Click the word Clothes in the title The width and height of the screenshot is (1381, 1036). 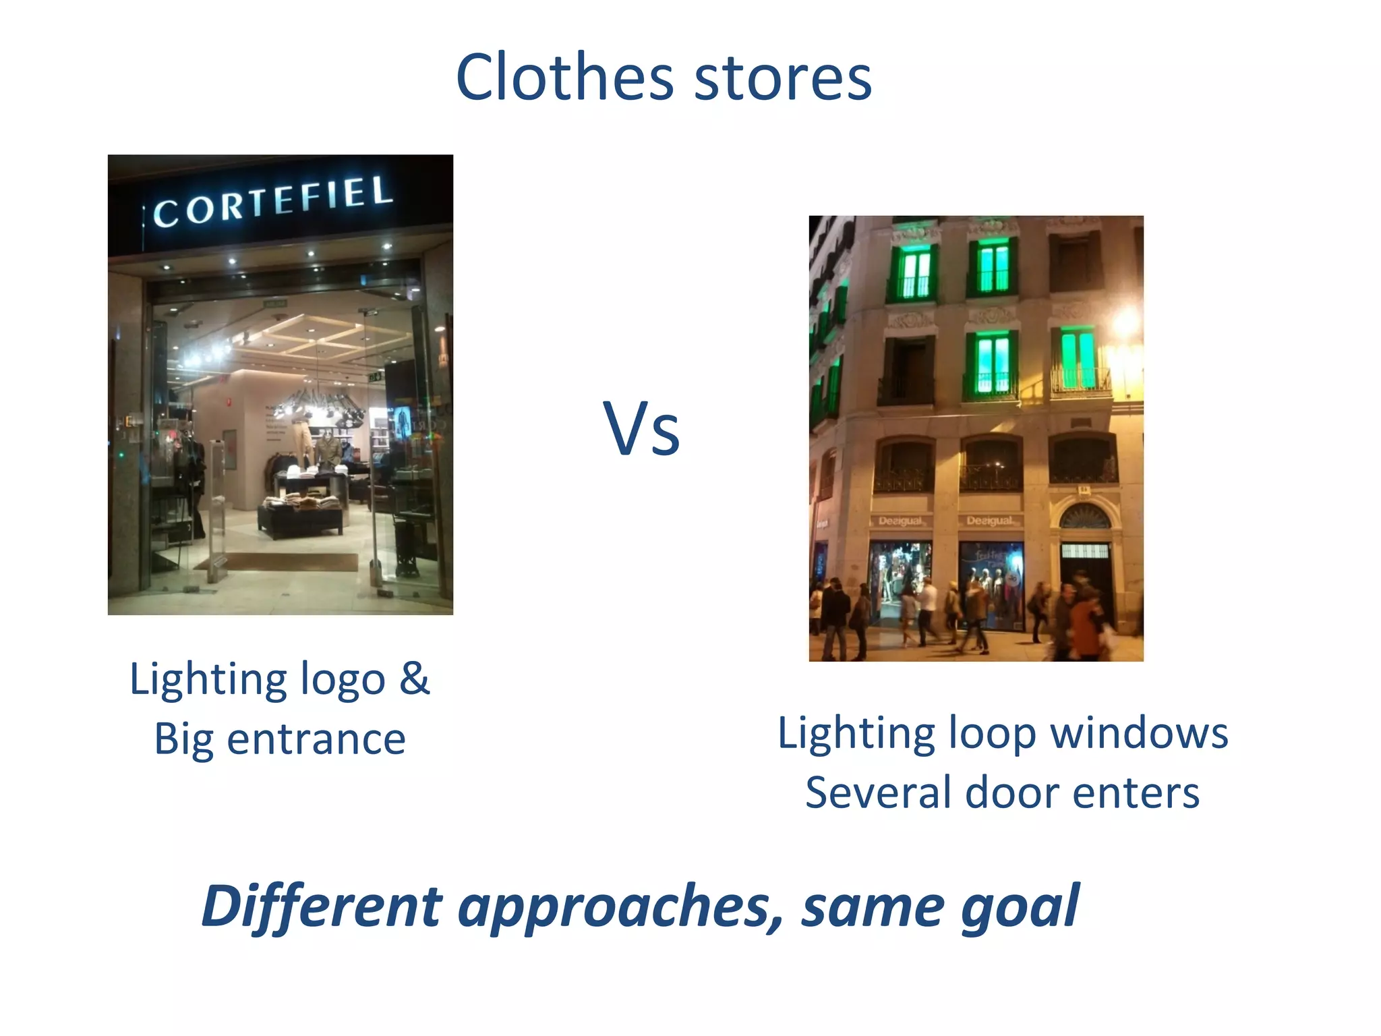[564, 78]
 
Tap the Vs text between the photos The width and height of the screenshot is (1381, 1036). [641, 429]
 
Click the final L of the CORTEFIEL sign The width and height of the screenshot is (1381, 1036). [382, 191]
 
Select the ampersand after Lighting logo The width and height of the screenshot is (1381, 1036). [413, 679]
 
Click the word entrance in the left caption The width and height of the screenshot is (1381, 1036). [316, 739]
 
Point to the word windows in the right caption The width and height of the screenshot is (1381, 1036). [1140, 733]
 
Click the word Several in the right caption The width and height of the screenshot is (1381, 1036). [879, 793]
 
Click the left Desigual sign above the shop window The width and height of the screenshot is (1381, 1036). [900, 521]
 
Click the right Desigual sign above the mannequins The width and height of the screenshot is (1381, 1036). [990, 521]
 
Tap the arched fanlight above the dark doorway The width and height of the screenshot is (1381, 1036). [1084, 517]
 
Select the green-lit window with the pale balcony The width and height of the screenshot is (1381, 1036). [1079, 361]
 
